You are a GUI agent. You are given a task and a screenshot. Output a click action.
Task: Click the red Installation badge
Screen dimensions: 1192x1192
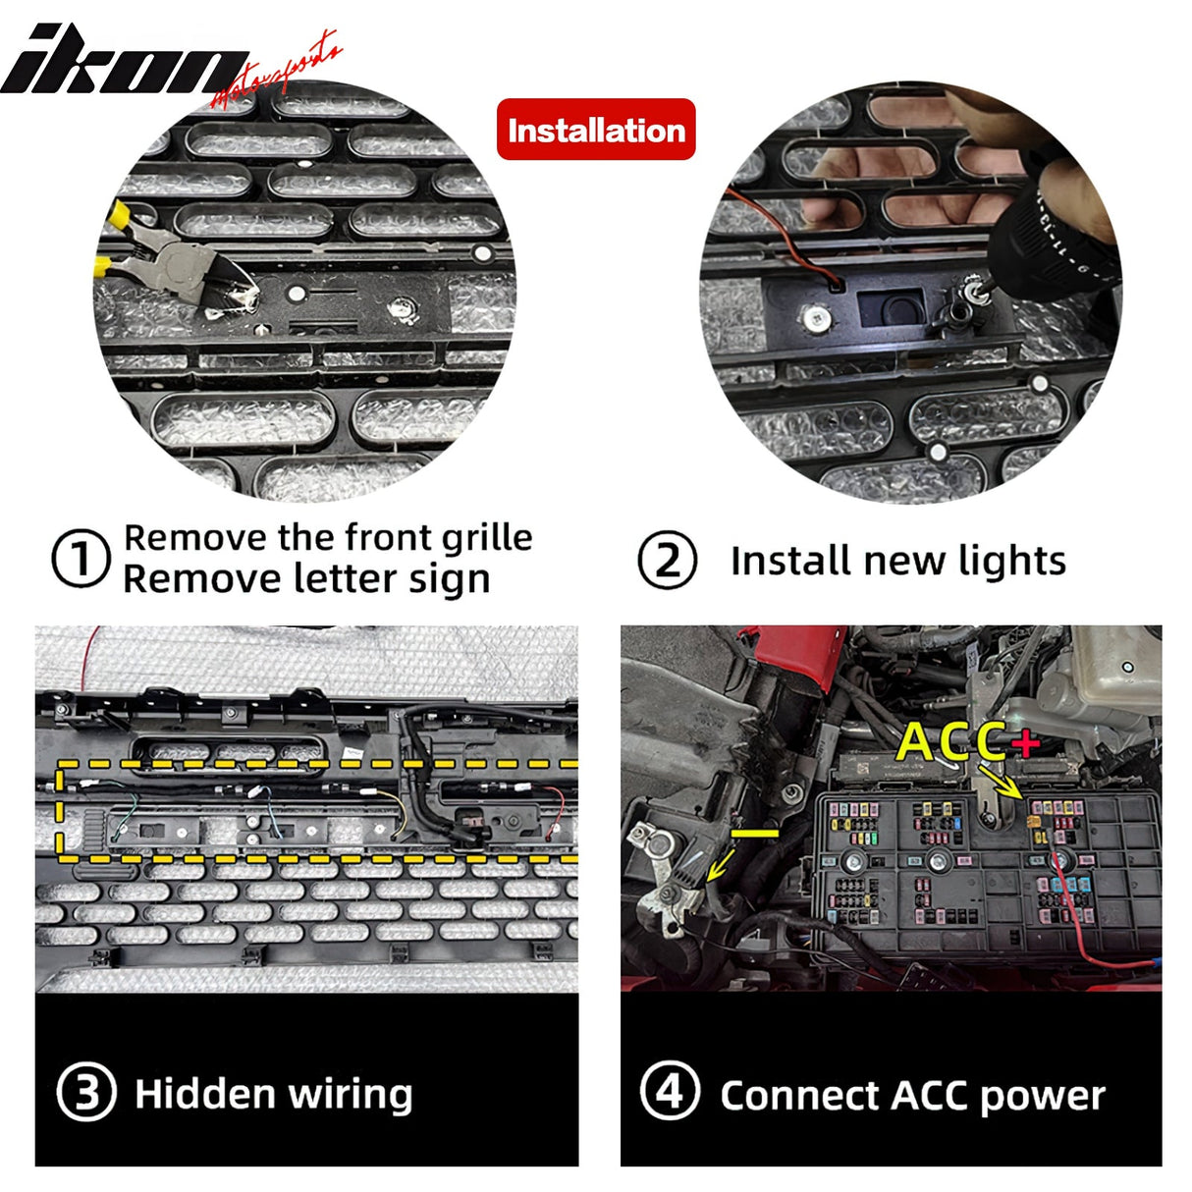596,130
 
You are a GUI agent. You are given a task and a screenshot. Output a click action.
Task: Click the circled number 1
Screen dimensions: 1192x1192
80,560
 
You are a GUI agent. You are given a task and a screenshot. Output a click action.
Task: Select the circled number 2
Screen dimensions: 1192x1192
668,561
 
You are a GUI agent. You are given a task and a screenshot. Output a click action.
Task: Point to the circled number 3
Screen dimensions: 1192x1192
87,1093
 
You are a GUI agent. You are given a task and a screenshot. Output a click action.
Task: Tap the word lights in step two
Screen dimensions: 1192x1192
1012,561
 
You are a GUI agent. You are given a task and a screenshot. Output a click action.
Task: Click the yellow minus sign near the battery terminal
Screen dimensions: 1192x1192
755,833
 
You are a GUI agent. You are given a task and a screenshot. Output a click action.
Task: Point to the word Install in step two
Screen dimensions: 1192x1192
786,561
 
